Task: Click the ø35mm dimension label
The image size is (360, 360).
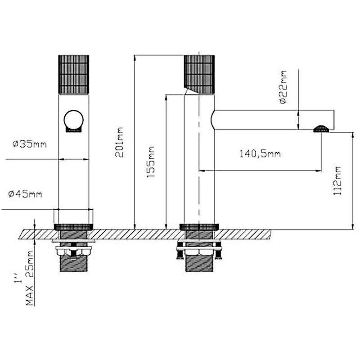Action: coord(30,144)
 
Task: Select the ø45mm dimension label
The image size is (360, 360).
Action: coord(25,194)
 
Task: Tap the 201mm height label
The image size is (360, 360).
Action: coord(119,142)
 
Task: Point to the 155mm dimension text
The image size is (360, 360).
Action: coord(151,162)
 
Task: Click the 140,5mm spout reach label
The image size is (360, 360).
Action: coord(260,153)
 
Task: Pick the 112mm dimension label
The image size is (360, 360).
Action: coord(337,181)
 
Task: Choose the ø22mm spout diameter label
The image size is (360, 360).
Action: coord(283,87)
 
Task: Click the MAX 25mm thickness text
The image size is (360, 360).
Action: coord(29,278)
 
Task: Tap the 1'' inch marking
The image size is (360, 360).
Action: coord(18,278)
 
